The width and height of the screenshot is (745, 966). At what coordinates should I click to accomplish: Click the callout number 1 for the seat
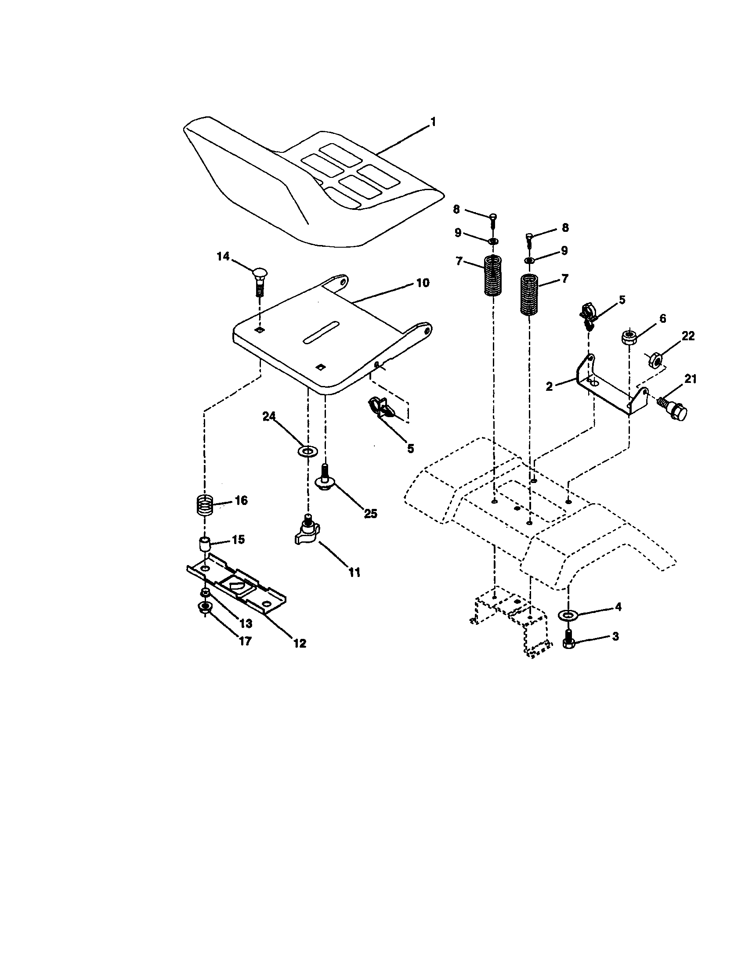coord(433,122)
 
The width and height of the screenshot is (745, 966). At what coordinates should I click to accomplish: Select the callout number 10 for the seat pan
coord(423,283)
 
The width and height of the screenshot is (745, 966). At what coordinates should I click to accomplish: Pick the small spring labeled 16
coord(205,505)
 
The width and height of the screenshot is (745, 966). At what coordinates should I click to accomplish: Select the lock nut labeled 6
coord(628,338)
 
